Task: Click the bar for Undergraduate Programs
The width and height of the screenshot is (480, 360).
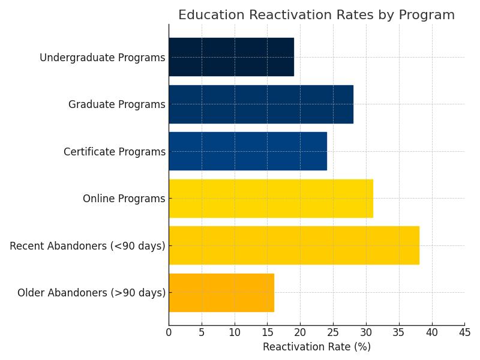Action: tap(231, 57)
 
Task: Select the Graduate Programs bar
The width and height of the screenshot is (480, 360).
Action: tap(261, 104)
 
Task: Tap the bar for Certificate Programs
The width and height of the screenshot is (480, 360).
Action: tap(248, 151)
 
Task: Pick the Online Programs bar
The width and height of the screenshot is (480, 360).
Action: tap(271, 199)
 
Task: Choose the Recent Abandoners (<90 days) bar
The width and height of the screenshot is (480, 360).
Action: tap(294, 245)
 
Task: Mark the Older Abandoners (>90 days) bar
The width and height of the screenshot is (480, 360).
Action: tap(221, 293)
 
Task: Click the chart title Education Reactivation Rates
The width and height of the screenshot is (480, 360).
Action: tap(316, 15)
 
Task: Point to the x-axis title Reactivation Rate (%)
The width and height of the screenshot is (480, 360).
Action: tap(316, 347)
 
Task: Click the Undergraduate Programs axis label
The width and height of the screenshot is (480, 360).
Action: tap(102, 58)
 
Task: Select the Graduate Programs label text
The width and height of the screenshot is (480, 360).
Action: tap(116, 104)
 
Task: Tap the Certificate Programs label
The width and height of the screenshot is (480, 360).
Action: tap(114, 152)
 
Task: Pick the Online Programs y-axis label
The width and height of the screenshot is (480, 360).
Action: tap(124, 199)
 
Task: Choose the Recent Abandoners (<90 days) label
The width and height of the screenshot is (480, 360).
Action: tap(88, 246)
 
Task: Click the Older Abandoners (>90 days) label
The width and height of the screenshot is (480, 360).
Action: tap(91, 293)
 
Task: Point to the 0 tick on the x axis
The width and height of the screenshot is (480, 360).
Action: tap(169, 331)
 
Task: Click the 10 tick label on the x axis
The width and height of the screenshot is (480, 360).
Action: tap(235, 331)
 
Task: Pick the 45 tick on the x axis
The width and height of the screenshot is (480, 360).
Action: tap(464, 331)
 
